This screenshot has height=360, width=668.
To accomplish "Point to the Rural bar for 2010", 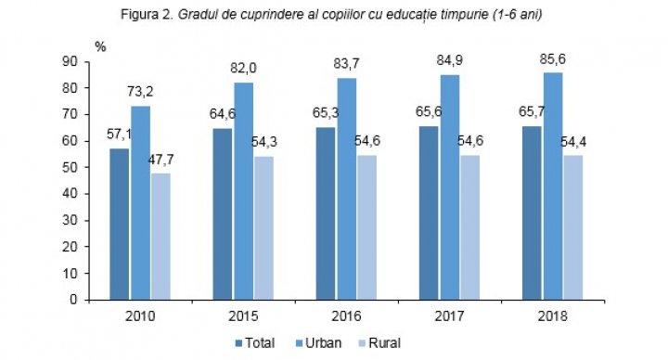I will point(161,236).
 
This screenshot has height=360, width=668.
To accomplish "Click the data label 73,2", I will point(140,94).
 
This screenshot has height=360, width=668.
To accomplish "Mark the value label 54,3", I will point(263,144).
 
